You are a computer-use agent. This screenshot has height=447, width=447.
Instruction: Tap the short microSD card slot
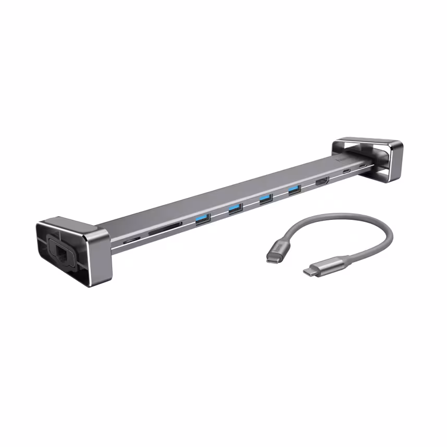131,240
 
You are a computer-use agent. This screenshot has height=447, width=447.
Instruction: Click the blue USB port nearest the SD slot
202,219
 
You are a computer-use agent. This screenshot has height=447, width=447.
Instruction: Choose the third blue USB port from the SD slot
266,198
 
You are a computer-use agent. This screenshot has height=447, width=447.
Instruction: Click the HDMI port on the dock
321,182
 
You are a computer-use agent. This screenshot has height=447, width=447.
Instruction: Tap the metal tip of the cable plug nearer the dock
271,257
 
